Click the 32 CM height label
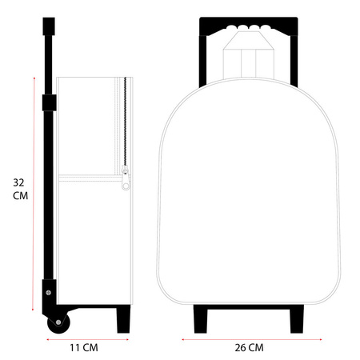pos(20,189)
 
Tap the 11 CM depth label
pos(84,348)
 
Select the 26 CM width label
pos(249,348)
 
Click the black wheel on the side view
pos(58,322)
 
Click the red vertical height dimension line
pos(34,194)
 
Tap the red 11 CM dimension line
pos(88,339)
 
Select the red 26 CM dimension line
pos(252,339)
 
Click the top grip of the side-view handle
pos(49,26)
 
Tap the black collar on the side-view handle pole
pos(49,102)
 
